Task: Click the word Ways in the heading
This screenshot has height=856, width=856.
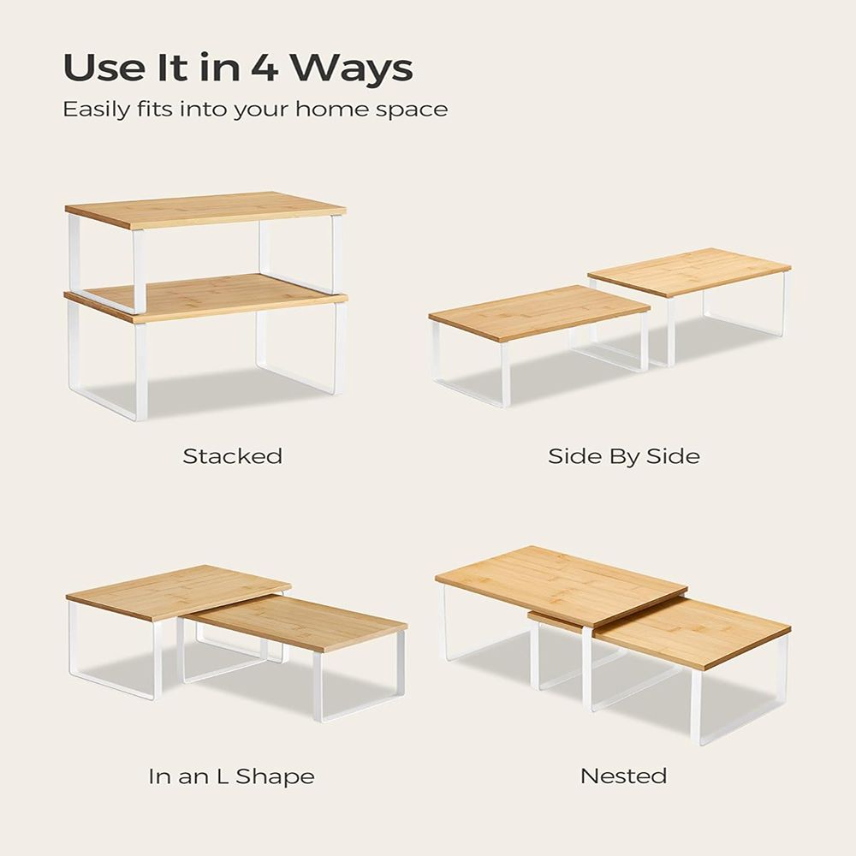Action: point(350,68)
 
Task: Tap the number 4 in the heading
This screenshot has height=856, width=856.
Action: point(265,68)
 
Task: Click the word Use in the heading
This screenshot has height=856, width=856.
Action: point(101,68)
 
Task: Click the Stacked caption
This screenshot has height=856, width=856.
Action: point(233,456)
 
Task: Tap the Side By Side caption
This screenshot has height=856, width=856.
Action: point(623,456)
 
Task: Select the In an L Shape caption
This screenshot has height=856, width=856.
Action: point(231,776)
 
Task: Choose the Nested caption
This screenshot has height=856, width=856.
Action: point(623,776)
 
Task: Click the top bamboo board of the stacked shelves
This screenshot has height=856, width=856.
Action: point(205,209)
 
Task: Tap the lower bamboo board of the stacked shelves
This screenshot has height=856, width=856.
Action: point(206,298)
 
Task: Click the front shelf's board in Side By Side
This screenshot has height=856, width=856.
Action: point(539,313)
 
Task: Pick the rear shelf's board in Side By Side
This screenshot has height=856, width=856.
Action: point(690,272)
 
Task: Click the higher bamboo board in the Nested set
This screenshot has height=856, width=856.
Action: point(562,586)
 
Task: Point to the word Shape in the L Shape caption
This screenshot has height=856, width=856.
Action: point(275,777)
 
